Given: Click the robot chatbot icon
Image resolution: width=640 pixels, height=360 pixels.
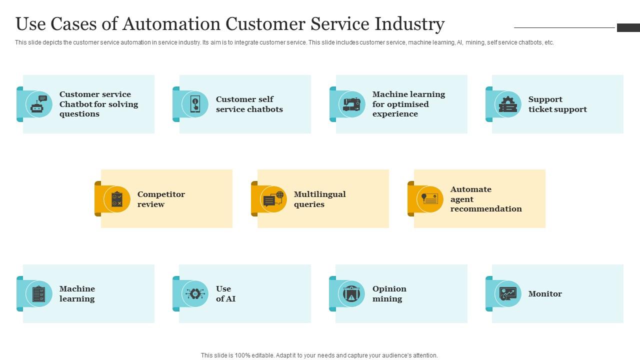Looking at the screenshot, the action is point(39,104).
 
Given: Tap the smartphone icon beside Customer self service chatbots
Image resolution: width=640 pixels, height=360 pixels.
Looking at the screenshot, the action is point(195,104).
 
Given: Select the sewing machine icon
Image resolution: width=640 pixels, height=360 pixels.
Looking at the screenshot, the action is point(351,104).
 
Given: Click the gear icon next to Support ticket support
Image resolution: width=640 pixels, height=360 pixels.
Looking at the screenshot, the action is point(507,104).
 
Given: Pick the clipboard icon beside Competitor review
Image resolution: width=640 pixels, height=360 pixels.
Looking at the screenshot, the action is point(117,199).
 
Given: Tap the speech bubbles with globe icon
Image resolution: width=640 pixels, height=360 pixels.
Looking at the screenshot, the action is point(273,199).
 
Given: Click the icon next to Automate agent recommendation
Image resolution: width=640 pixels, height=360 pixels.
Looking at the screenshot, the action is point(429,199).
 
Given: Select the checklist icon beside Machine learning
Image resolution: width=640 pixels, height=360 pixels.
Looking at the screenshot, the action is point(39,293).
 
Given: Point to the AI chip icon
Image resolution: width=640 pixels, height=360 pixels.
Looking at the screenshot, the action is point(195,293).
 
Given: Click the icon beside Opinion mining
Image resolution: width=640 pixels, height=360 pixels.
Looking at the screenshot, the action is point(351,293).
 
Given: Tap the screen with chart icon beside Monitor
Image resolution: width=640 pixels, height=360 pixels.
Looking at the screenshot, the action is point(507,293).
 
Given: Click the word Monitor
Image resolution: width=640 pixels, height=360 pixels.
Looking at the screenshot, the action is point(545,293).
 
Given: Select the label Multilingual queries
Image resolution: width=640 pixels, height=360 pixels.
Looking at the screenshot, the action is point(319,199).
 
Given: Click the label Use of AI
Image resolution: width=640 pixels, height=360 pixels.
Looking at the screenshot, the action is point(225,293).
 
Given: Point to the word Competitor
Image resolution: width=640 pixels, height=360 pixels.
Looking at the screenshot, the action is point(161,194).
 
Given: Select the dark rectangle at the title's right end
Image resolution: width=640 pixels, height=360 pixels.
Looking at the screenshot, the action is point(628,27).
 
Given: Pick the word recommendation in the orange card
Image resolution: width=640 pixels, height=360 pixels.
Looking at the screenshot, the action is point(486,209).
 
